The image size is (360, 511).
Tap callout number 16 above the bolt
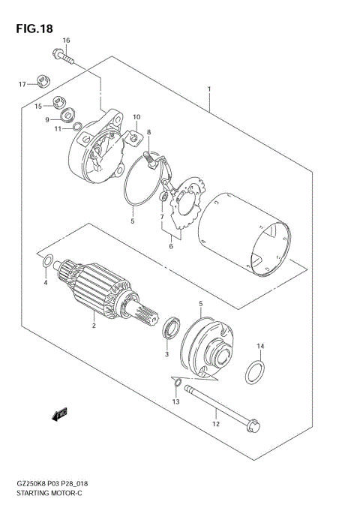pyautogui.click(x=66, y=40)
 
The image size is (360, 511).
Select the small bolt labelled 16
pyautogui.click(x=62, y=54)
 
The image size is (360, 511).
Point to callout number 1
pyautogui.click(x=209, y=89)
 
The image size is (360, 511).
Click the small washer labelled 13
pyautogui.click(x=176, y=385)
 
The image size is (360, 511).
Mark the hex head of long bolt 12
pyautogui.click(x=253, y=426)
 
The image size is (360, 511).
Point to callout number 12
pyautogui.click(x=215, y=425)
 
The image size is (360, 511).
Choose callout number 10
pyautogui.click(x=136, y=117)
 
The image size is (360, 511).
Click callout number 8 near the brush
pyautogui.click(x=149, y=132)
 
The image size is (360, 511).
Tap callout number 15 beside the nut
pyautogui.click(x=37, y=107)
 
